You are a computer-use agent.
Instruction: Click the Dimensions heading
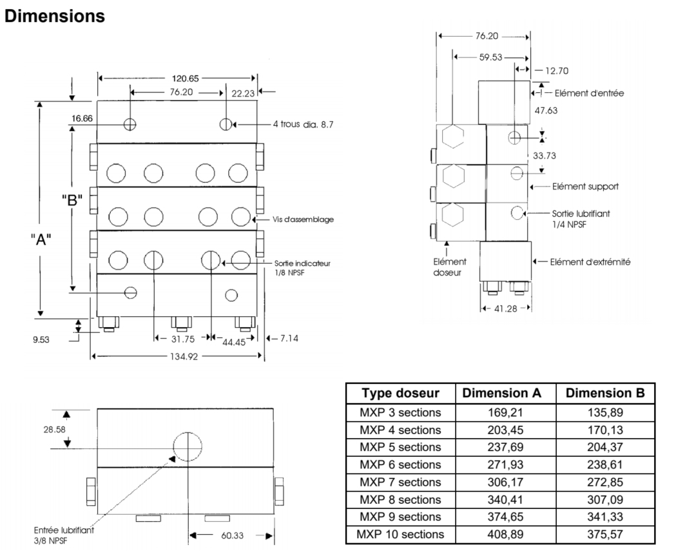[x=55, y=16]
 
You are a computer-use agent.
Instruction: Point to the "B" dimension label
[x=72, y=200]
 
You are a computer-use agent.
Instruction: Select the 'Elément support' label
[x=585, y=186]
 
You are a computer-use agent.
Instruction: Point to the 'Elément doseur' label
[x=450, y=267]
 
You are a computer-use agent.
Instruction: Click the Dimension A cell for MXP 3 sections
[x=506, y=412]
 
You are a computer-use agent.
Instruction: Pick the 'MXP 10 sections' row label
[x=400, y=535]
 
